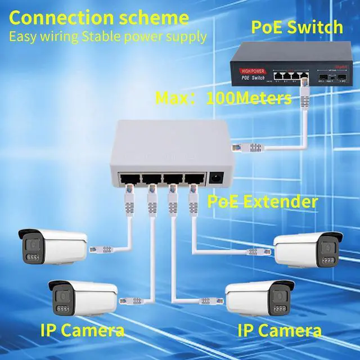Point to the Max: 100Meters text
point(223,99)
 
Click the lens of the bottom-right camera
point(278,295)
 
